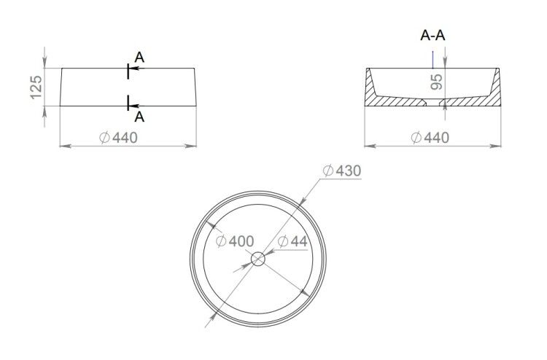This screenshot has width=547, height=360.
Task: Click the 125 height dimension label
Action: tap(36, 87)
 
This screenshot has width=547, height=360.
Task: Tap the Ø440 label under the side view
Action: tap(118, 138)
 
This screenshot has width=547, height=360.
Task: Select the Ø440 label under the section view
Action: tap(430, 138)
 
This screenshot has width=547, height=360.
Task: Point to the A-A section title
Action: tap(432, 36)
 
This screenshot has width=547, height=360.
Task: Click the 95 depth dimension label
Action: tap(436, 82)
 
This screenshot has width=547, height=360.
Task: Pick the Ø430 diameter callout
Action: tap(342, 171)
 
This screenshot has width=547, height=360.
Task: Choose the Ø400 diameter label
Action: tap(235, 241)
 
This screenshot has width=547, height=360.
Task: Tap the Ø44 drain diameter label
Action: tap(292, 241)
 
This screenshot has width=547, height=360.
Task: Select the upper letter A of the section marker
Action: tap(139, 57)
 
